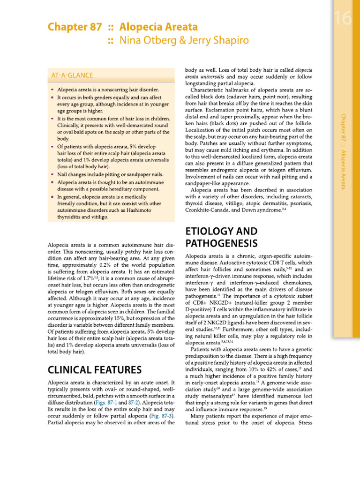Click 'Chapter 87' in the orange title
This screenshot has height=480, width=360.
(x=75, y=27)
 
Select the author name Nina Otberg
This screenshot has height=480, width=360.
(x=146, y=41)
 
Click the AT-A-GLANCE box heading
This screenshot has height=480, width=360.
(x=72, y=75)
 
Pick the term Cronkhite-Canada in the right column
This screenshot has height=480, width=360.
(x=209, y=210)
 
